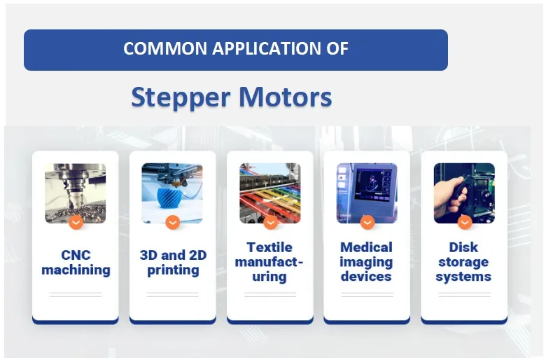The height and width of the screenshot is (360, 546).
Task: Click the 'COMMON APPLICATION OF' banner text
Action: (236, 49)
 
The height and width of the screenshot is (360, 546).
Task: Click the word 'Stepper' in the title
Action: (181, 97)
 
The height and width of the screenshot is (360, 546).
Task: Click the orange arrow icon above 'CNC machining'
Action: (76, 222)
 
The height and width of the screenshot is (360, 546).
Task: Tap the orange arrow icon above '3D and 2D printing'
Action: (173, 222)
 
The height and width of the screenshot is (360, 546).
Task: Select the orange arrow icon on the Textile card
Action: (270, 222)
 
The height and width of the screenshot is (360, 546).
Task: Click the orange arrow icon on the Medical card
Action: (367, 222)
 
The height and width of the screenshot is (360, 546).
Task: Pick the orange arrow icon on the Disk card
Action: (464, 222)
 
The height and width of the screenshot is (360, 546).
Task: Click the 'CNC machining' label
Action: (76, 262)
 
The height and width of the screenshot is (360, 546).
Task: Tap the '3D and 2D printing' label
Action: (173, 262)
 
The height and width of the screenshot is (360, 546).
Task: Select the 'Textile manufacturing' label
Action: (269, 262)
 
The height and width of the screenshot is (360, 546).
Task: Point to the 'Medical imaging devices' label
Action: (366, 262)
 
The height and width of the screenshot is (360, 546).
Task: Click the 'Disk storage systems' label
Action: (463, 262)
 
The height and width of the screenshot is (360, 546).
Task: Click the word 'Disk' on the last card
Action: (463, 247)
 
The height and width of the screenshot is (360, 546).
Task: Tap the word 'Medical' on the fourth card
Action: (366, 247)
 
